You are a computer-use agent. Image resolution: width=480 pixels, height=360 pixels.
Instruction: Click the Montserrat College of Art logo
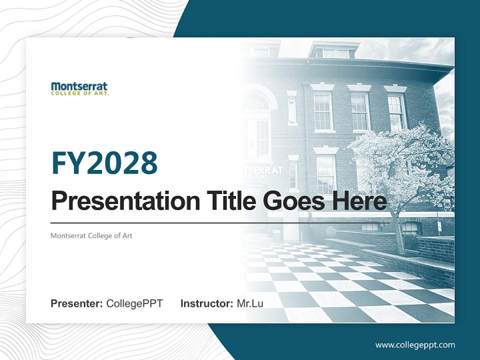pyautogui.click(x=79, y=88)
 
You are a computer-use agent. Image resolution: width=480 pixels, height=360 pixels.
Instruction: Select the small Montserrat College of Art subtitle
pyautogui.click(x=91, y=235)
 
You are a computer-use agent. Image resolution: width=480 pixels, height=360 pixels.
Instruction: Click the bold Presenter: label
pyautogui.click(x=77, y=303)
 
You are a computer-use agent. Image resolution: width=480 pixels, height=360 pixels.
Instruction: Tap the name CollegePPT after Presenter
pyautogui.click(x=134, y=303)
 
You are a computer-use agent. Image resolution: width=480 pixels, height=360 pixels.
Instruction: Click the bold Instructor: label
pyautogui.click(x=206, y=303)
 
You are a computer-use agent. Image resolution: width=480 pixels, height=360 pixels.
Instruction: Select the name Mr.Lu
pyautogui.click(x=250, y=303)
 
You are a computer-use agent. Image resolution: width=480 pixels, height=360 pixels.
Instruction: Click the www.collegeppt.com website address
pyautogui.click(x=415, y=345)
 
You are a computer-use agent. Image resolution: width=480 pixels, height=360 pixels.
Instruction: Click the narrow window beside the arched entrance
pyautogui.click(x=292, y=110)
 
